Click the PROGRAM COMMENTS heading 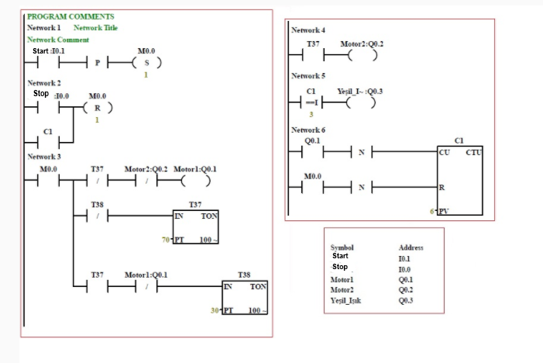click(x=70, y=16)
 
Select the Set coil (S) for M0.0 click(x=147, y=63)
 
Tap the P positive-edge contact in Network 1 click(x=98, y=63)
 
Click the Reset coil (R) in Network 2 click(x=97, y=108)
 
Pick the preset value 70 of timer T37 click(x=166, y=240)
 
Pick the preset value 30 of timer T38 click(x=215, y=310)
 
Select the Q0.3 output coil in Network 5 click(x=356, y=105)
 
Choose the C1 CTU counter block click(x=459, y=180)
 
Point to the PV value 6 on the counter click(x=431, y=210)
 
